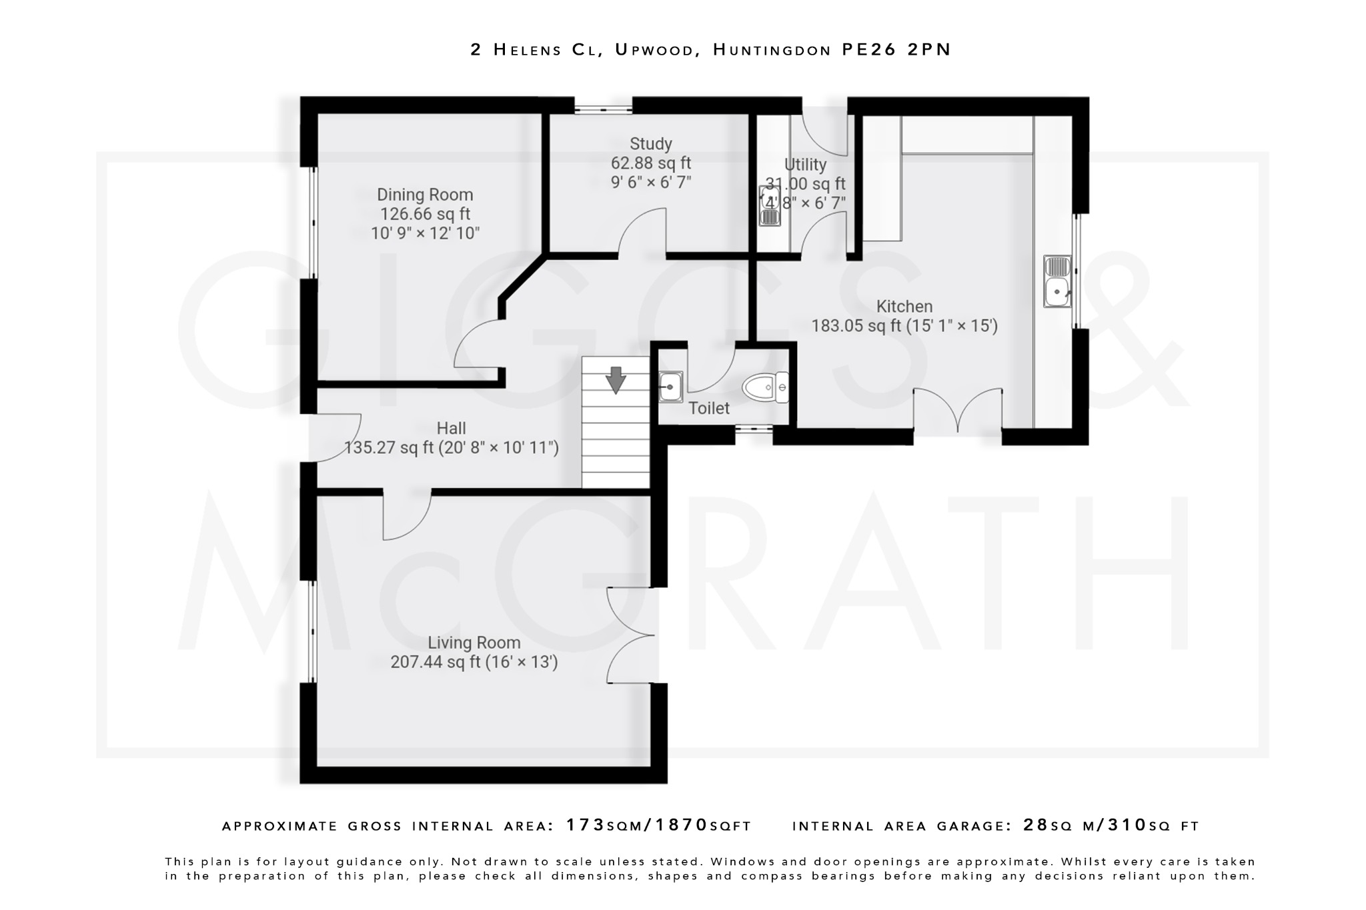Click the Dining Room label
(x=425, y=195)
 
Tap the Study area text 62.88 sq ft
(x=650, y=163)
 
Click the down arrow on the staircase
(x=615, y=379)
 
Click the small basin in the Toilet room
(x=670, y=387)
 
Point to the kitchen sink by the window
(x=1057, y=282)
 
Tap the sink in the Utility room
(x=769, y=206)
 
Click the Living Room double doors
(x=630, y=635)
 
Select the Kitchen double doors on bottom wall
(x=957, y=410)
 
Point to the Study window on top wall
(x=603, y=107)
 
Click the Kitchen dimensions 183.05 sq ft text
(x=904, y=326)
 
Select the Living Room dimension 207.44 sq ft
(x=474, y=662)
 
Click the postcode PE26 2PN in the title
(x=896, y=50)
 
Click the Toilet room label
(x=708, y=408)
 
